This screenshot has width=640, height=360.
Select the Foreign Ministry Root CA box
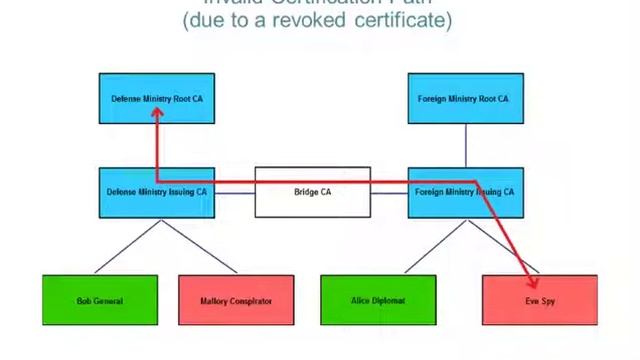click(x=465, y=99)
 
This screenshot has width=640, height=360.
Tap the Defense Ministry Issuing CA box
click(x=157, y=192)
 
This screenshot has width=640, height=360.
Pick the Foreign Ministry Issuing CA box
click(x=465, y=192)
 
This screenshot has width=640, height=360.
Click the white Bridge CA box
click(x=312, y=192)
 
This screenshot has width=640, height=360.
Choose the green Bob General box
click(x=100, y=300)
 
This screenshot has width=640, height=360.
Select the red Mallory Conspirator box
click(x=236, y=300)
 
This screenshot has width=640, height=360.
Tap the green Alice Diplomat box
click(x=378, y=300)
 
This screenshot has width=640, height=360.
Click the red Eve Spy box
click(x=539, y=300)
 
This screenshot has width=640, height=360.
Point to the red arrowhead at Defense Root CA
click(x=157, y=114)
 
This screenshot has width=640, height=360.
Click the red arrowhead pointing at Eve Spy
click(x=529, y=270)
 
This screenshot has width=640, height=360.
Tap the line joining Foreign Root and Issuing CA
click(x=465, y=146)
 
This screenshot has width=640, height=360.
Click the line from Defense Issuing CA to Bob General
click(x=127, y=245)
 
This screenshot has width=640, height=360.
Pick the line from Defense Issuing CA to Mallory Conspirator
click(x=190, y=245)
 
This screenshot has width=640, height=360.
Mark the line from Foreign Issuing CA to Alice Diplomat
click(x=433, y=245)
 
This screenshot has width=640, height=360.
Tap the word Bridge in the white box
click(x=306, y=192)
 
